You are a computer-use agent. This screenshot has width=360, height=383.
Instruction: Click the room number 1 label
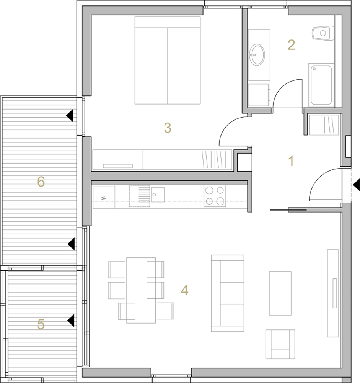click(291, 161)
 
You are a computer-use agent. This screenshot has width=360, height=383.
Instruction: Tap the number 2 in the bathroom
click(291, 45)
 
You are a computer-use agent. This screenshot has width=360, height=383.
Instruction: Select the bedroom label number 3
click(168, 128)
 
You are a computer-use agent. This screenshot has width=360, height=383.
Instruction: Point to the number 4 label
click(184, 290)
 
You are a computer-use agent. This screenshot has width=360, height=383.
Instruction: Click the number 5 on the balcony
click(41, 324)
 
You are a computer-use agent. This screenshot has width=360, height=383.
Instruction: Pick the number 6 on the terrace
click(41, 182)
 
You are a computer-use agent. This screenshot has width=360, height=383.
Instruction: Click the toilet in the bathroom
click(323, 33)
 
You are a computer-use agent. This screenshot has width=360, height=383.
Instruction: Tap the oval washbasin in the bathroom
click(257, 55)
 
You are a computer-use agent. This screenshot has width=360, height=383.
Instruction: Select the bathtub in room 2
click(321, 85)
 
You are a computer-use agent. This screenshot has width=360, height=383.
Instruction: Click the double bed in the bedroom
click(168, 61)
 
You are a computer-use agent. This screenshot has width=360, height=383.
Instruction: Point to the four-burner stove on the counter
click(215, 196)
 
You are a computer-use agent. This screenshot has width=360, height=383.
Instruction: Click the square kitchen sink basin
click(158, 195)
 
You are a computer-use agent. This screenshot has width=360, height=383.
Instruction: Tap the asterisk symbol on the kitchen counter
click(103, 198)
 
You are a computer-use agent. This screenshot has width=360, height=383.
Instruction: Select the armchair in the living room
click(280, 344)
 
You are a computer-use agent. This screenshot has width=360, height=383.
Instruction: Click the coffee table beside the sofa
click(280, 293)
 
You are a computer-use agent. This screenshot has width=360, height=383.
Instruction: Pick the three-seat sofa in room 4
click(228, 293)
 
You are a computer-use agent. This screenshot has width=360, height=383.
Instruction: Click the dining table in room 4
click(141, 290)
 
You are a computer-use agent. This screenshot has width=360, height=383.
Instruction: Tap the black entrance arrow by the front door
click(356, 185)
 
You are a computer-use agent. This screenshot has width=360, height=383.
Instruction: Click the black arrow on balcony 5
click(71, 321)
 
